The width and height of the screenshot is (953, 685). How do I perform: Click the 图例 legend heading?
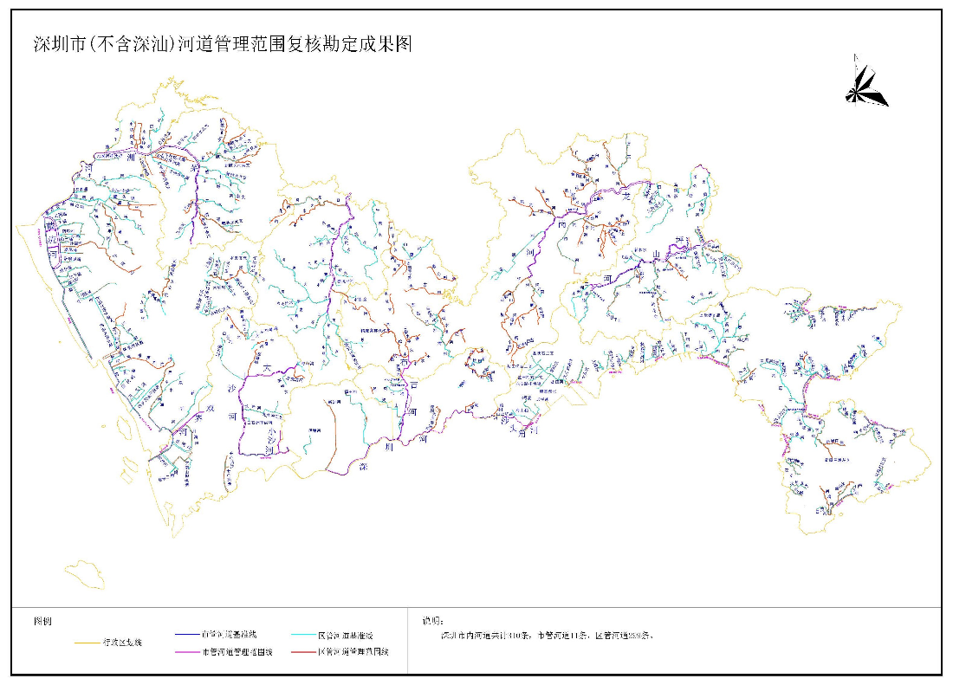42,622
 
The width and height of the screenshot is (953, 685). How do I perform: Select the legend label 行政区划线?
122,643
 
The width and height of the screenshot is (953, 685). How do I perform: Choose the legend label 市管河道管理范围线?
237,652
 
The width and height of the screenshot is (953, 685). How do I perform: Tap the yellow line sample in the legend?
88,643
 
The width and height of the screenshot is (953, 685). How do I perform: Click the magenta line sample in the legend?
185,652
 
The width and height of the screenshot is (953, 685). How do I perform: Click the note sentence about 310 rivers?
546,636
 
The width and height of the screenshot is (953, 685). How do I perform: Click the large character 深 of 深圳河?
364,467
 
